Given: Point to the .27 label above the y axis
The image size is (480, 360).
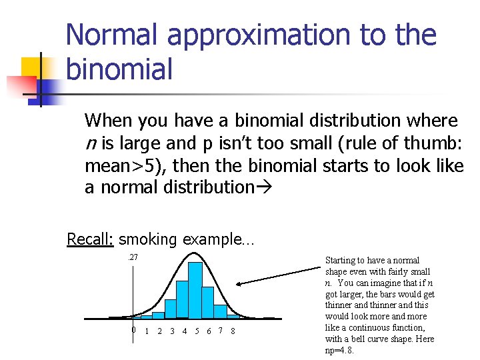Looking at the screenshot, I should tap(133, 257).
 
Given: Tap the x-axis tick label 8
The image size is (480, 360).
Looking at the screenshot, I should tap(232, 331).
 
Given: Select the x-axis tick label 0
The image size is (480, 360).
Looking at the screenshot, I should tap(133, 330).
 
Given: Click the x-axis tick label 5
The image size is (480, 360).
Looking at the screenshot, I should tap(197, 331).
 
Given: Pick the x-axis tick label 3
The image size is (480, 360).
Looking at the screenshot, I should tap(172, 331).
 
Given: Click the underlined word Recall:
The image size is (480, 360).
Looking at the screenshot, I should tap(91, 239).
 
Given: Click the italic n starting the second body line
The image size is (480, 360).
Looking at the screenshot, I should tap(89, 143).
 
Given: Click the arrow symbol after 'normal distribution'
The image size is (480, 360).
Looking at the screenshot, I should tap(261, 187).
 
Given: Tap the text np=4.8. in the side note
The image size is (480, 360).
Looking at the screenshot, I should tap(340, 350).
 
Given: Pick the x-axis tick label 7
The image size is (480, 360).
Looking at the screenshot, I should tap(220, 331).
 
